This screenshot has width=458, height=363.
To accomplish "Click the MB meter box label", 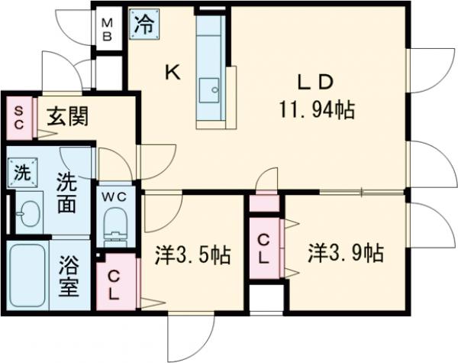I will click(x=108, y=28).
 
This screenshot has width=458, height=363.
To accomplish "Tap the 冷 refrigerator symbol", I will click(x=144, y=24).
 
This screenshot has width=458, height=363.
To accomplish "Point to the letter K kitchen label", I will click(x=173, y=73).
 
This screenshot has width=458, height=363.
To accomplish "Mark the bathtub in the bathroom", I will click(x=28, y=276).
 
